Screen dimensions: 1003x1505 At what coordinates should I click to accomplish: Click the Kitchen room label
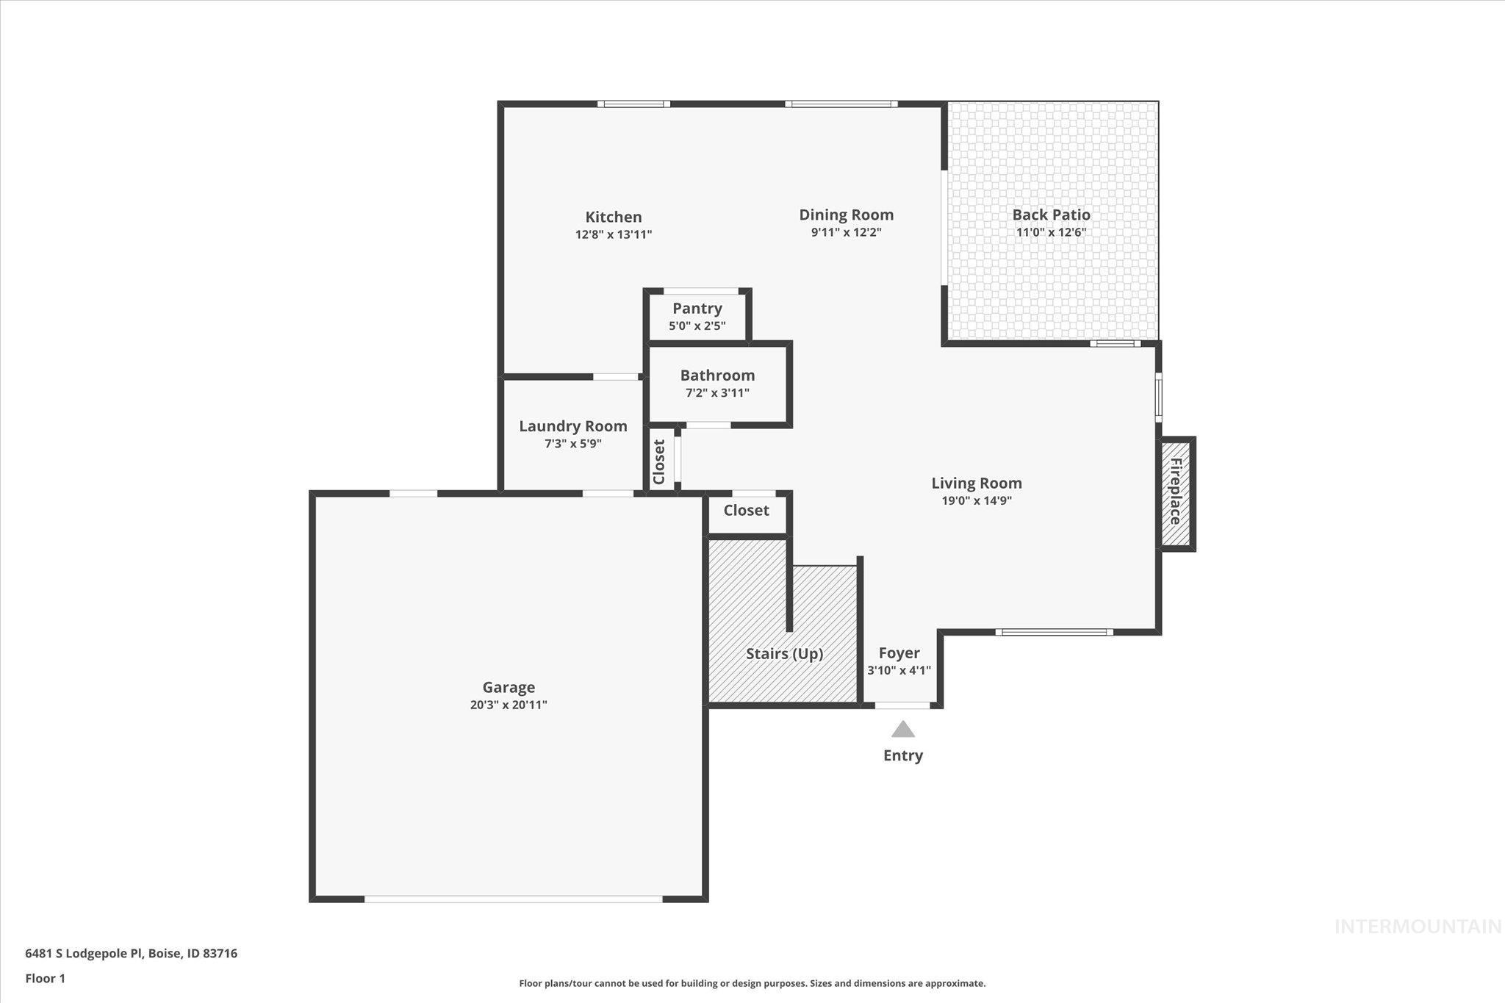coord(613,217)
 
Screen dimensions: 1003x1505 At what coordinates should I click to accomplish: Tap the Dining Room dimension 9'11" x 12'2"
coord(846,233)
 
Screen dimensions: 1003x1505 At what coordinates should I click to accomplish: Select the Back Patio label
coord(1051,215)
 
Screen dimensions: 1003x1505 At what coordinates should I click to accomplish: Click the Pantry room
coord(697,316)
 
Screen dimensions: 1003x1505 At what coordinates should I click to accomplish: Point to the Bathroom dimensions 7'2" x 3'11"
coord(717,393)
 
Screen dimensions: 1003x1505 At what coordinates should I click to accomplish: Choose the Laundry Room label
coord(572,426)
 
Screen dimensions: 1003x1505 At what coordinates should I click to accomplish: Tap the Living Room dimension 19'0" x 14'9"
coord(977,501)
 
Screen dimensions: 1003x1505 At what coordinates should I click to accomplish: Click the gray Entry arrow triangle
coord(902,730)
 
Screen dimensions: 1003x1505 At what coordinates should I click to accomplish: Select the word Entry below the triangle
coord(902,755)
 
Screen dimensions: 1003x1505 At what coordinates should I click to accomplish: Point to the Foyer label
coord(899,653)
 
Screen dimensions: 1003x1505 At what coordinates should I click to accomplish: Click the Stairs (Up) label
coord(784,653)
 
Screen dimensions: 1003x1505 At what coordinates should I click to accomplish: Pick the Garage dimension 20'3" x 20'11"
coord(509,705)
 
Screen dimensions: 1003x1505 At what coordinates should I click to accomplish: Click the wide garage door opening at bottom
coord(513,899)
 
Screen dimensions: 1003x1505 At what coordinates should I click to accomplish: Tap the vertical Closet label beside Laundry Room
coord(659,462)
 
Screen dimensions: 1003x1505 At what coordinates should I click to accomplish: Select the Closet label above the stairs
coord(746,510)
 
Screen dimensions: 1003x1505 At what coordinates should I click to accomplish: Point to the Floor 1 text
coord(46,978)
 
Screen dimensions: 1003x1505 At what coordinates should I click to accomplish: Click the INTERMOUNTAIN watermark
coord(1417,927)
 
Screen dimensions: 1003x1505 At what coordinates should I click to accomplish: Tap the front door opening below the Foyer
coord(902,705)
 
